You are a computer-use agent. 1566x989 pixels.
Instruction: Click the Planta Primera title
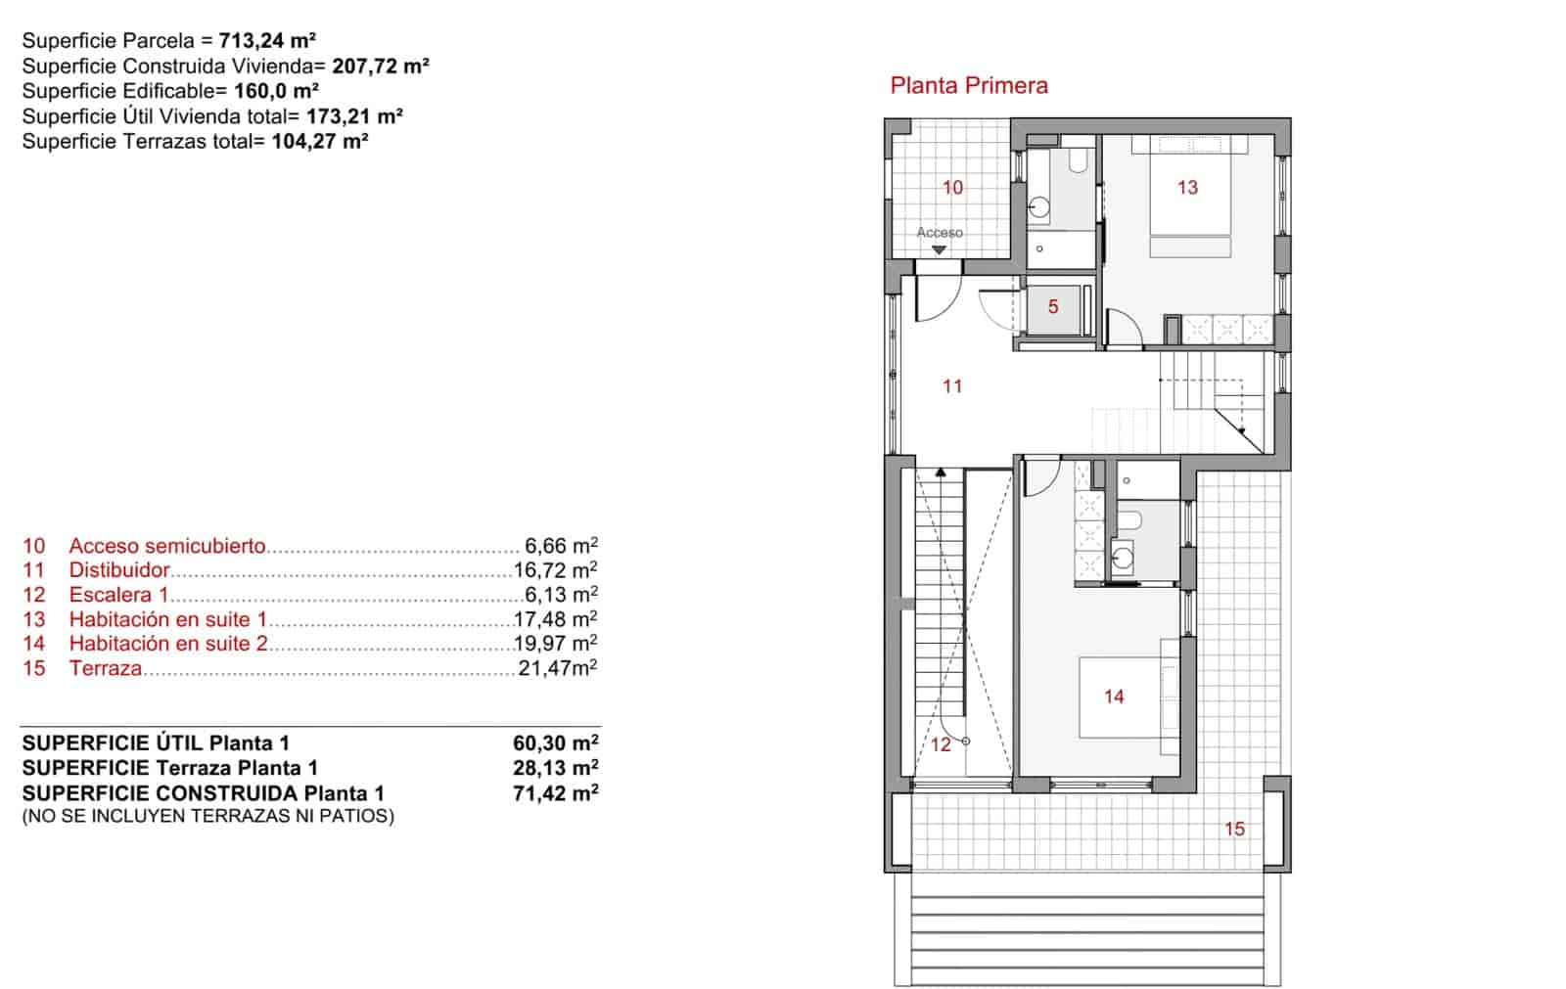968,85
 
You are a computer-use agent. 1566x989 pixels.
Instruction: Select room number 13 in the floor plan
1187,187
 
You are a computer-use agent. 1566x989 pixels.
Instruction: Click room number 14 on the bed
1114,697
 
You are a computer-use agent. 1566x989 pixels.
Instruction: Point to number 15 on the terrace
1234,830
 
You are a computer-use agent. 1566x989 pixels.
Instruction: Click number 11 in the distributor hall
952,386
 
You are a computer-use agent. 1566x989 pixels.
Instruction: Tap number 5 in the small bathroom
1053,307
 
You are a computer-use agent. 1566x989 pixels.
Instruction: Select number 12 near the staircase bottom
941,745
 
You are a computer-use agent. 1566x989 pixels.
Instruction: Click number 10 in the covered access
952,187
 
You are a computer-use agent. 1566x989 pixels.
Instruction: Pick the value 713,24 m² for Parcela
266,41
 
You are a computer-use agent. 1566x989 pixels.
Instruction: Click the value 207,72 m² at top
380,67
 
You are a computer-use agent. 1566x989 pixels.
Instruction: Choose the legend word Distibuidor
118,570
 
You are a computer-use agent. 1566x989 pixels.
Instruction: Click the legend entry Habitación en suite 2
167,644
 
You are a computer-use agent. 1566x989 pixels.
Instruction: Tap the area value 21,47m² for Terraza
558,669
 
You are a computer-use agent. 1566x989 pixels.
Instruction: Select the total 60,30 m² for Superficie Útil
555,743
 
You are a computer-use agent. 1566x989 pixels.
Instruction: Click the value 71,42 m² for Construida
555,793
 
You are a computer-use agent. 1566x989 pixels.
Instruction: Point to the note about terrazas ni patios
207,816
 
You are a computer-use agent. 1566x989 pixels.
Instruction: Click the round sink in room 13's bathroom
1039,207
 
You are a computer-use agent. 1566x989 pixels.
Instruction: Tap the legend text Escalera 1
118,595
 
